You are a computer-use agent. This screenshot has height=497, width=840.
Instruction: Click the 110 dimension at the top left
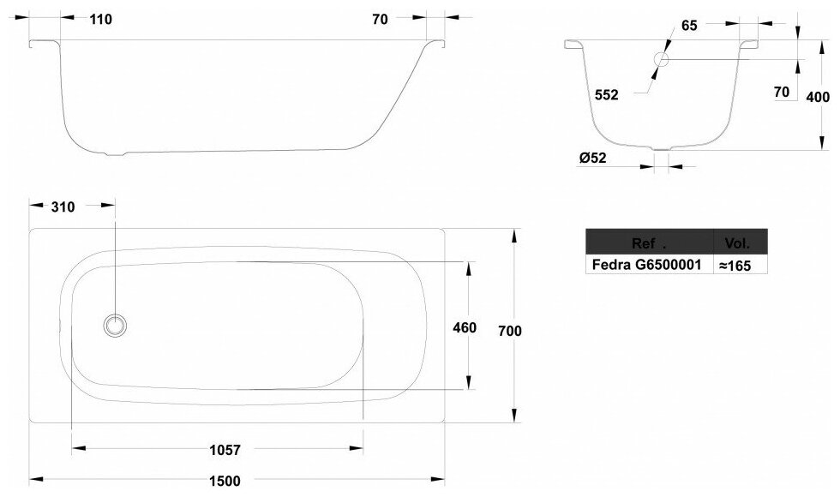click(x=100, y=20)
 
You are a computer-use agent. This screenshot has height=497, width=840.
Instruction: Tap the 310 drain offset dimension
click(x=63, y=207)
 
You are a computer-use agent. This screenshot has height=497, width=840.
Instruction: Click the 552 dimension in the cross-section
click(x=606, y=96)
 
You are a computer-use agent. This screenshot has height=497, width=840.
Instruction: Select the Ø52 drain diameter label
click(x=593, y=158)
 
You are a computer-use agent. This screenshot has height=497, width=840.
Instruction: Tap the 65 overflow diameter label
click(x=689, y=26)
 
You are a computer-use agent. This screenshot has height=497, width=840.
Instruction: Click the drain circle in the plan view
click(x=114, y=326)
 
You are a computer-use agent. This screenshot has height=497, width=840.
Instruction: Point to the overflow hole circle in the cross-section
click(x=662, y=60)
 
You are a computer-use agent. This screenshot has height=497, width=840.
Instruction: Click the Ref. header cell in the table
click(x=648, y=243)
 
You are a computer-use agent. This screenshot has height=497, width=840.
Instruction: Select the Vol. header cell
click(x=737, y=243)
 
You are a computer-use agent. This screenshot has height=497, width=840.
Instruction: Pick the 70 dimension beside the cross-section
click(x=780, y=92)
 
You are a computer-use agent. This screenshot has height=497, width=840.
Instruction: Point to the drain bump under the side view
click(x=114, y=155)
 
